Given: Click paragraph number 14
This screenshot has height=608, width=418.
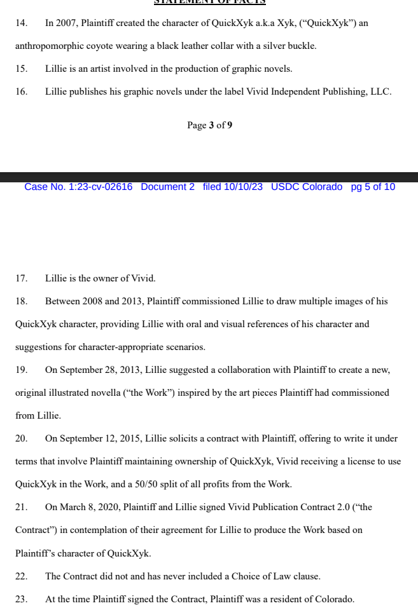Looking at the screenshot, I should point(21,23).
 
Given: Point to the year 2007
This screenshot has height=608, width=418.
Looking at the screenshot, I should point(67,23).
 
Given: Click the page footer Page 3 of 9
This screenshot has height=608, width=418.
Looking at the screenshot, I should point(209,125).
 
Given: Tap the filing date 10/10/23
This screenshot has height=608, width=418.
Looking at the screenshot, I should point(243,187).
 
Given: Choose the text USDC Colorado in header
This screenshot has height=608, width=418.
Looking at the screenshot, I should point(307,187).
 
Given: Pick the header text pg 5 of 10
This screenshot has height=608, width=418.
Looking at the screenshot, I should point(373,187).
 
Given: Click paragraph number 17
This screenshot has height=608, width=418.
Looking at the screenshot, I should point(21,278).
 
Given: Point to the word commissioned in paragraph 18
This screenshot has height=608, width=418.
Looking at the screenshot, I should point(212,301).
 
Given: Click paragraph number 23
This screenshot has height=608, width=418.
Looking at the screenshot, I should point(21,599).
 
